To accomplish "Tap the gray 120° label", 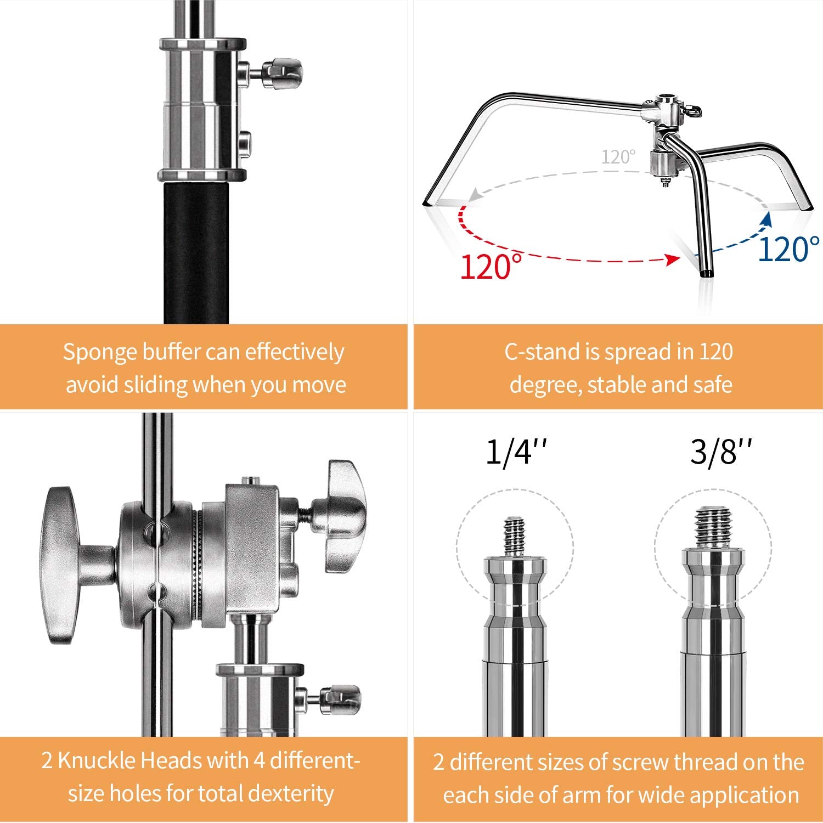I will tap(618, 157).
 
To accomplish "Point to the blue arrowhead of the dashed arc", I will tap(768, 218).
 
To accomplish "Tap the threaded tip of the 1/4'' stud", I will tap(514, 535).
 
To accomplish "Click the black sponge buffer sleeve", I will tap(196, 252).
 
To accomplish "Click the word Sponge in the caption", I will tap(99, 352).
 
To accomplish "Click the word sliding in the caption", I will tap(156, 385).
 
